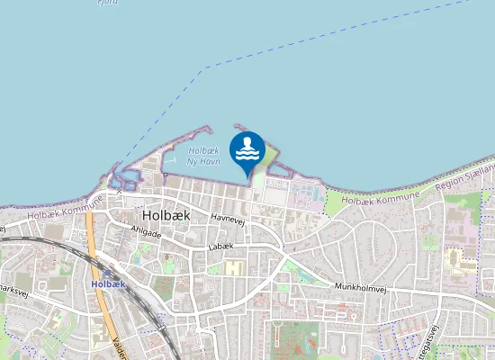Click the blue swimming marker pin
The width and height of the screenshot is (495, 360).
click(x=247, y=151)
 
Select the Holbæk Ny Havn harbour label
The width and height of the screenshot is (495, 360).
click(x=203, y=156)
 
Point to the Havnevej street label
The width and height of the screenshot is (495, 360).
click(x=229, y=217)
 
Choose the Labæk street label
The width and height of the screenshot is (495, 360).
click(x=220, y=247)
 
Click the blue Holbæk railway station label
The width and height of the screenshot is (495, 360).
click(x=108, y=283)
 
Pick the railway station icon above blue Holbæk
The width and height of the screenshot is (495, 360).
click(x=109, y=272)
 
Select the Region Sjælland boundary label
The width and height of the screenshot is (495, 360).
click(x=465, y=177)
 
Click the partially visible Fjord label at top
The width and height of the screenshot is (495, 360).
click(x=108, y=3)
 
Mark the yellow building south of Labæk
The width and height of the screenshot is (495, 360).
click(x=234, y=267)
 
